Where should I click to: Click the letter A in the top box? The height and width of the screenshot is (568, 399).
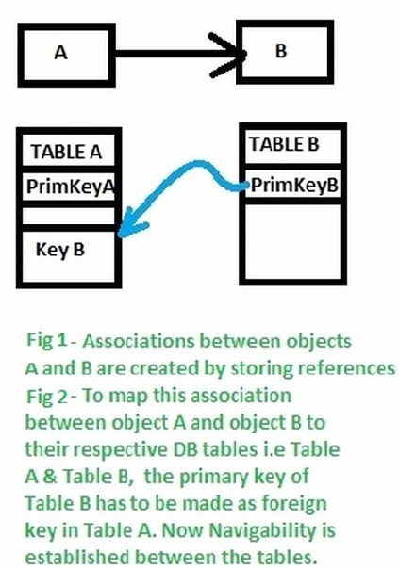[x=62, y=53]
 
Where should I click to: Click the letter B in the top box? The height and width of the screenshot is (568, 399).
[x=280, y=51]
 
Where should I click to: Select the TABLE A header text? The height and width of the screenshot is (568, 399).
[x=66, y=151]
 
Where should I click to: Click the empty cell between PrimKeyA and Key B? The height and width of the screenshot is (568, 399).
[x=70, y=216]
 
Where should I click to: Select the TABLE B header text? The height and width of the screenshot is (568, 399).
[x=284, y=144]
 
